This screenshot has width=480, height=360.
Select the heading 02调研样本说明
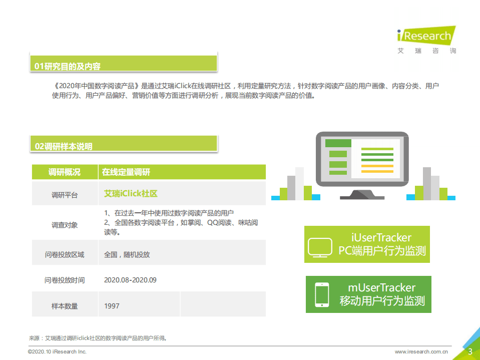coord(64,146)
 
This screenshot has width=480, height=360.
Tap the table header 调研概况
coord(64,172)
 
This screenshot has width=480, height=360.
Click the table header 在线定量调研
coord(126,172)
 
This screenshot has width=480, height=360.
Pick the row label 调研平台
coord(64,195)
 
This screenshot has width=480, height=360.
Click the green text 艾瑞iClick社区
coord(131,194)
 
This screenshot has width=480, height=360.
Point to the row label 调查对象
coord(64,225)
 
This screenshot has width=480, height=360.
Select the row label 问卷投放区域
coord(64,254)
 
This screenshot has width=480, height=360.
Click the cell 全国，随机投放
coord(127,254)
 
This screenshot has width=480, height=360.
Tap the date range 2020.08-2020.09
coord(130,280)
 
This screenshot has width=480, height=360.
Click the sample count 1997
coord(112,305)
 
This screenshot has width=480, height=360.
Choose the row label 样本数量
coord(64,305)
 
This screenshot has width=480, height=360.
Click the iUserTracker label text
coord(381,237)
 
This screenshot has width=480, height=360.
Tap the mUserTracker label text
coord(381,287)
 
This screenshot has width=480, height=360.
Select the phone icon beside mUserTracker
coord(321,294)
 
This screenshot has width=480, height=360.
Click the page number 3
coord(470,351)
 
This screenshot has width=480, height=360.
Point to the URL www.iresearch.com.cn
coord(421,352)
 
